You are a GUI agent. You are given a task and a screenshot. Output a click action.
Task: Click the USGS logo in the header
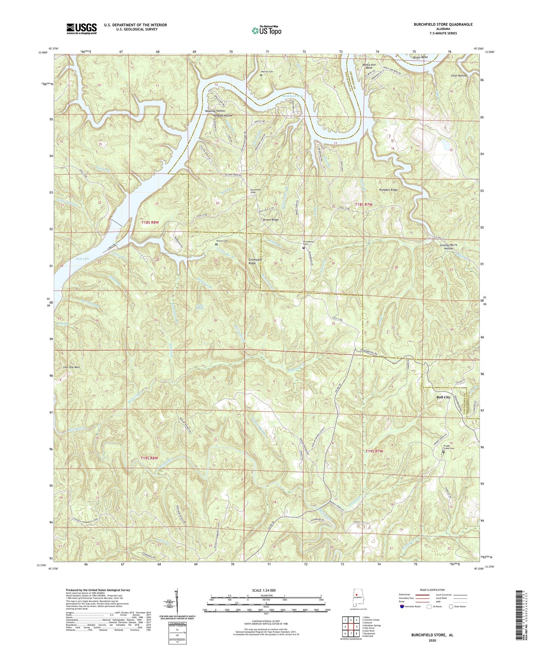point(81,29)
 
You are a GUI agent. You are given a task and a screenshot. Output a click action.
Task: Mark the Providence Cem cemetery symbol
point(304,248)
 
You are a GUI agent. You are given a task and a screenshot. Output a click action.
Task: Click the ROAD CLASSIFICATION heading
point(432,590)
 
